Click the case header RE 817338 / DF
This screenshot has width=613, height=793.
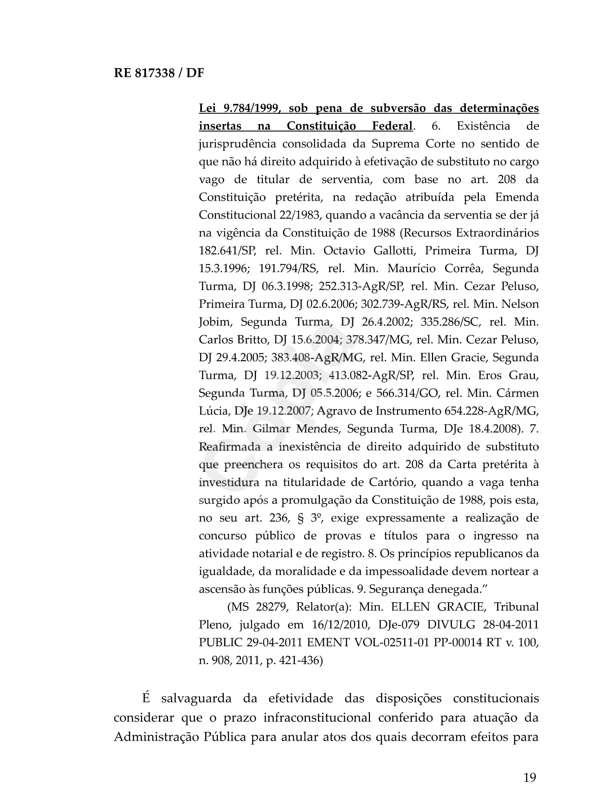(x=159, y=73)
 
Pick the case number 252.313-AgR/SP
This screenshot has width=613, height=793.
(x=361, y=287)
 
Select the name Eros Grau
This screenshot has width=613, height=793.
(x=508, y=376)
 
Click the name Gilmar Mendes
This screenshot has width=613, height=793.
(x=295, y=429)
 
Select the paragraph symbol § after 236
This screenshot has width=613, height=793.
(x=300, y=518)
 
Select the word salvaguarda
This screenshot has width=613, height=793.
(x=196, y=699)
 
